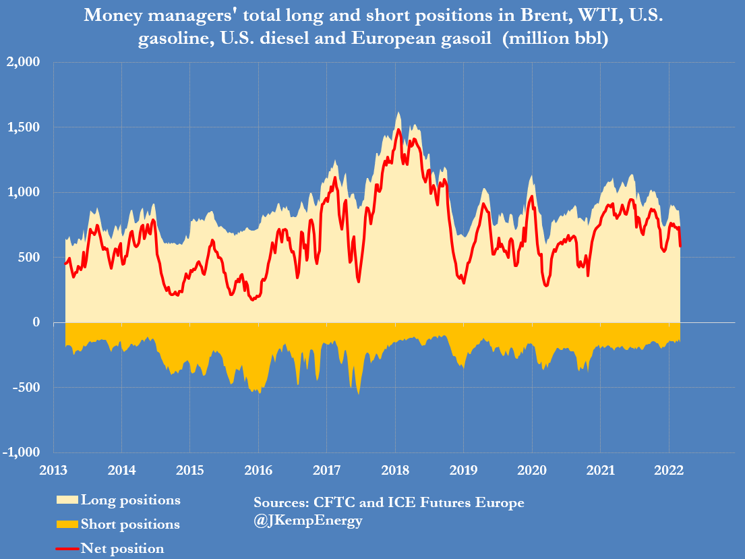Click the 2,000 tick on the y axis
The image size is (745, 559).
pos(24,63)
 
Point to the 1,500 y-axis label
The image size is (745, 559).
pos(24,127)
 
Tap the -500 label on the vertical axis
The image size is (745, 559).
pos(27,388)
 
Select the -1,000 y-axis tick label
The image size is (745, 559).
pos(23,452)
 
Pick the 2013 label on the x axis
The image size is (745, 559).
pos(53,469)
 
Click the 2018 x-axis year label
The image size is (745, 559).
pos(395,469)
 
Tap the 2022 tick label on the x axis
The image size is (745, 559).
pos(668,469)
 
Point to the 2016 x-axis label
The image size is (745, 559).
pos(258,469)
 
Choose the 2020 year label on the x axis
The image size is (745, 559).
pos(532,469)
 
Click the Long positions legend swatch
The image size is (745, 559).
pos(67,500)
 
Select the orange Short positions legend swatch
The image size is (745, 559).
pos(67,524)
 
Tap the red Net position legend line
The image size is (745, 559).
pos(67,548)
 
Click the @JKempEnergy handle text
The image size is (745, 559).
pos(308,521)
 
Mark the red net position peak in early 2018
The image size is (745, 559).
pos(398,129)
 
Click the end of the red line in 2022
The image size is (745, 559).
pos(680,245)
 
